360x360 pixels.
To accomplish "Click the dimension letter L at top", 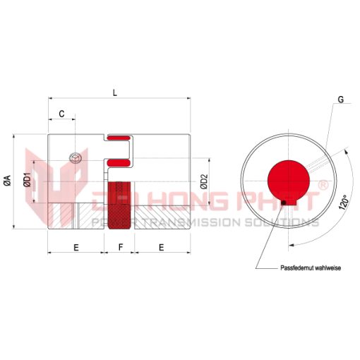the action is pyautogui.click(x=115, y=93).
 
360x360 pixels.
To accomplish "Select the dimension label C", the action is pyautogui.click(x=61, y=114).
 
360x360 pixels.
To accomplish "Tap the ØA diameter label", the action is pyautogui.click(x=8, y=180).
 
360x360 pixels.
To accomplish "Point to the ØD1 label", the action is pyautogui.click(x=28, y=179).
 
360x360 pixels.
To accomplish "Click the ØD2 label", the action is pyautogui.click(x=204, y=181).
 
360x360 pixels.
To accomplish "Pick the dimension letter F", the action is pyautogui.click(x=121, y=247).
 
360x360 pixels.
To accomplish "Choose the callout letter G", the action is pyautogui.click(x=340, y=100).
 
